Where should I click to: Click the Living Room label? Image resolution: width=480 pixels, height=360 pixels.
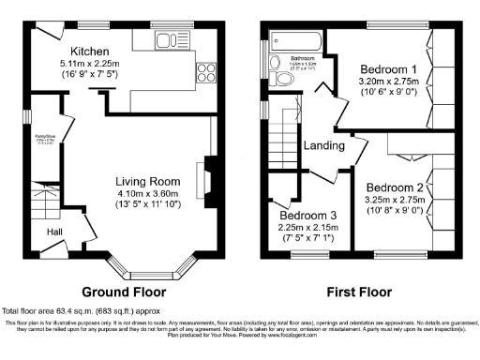[x=146, y=181]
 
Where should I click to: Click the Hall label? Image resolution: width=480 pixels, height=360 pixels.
[x=55, y=232]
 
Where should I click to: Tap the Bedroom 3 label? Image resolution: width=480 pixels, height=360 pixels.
[x=307, y=213]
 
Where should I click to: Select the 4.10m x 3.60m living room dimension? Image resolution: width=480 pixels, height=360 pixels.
[x=146, y=195]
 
